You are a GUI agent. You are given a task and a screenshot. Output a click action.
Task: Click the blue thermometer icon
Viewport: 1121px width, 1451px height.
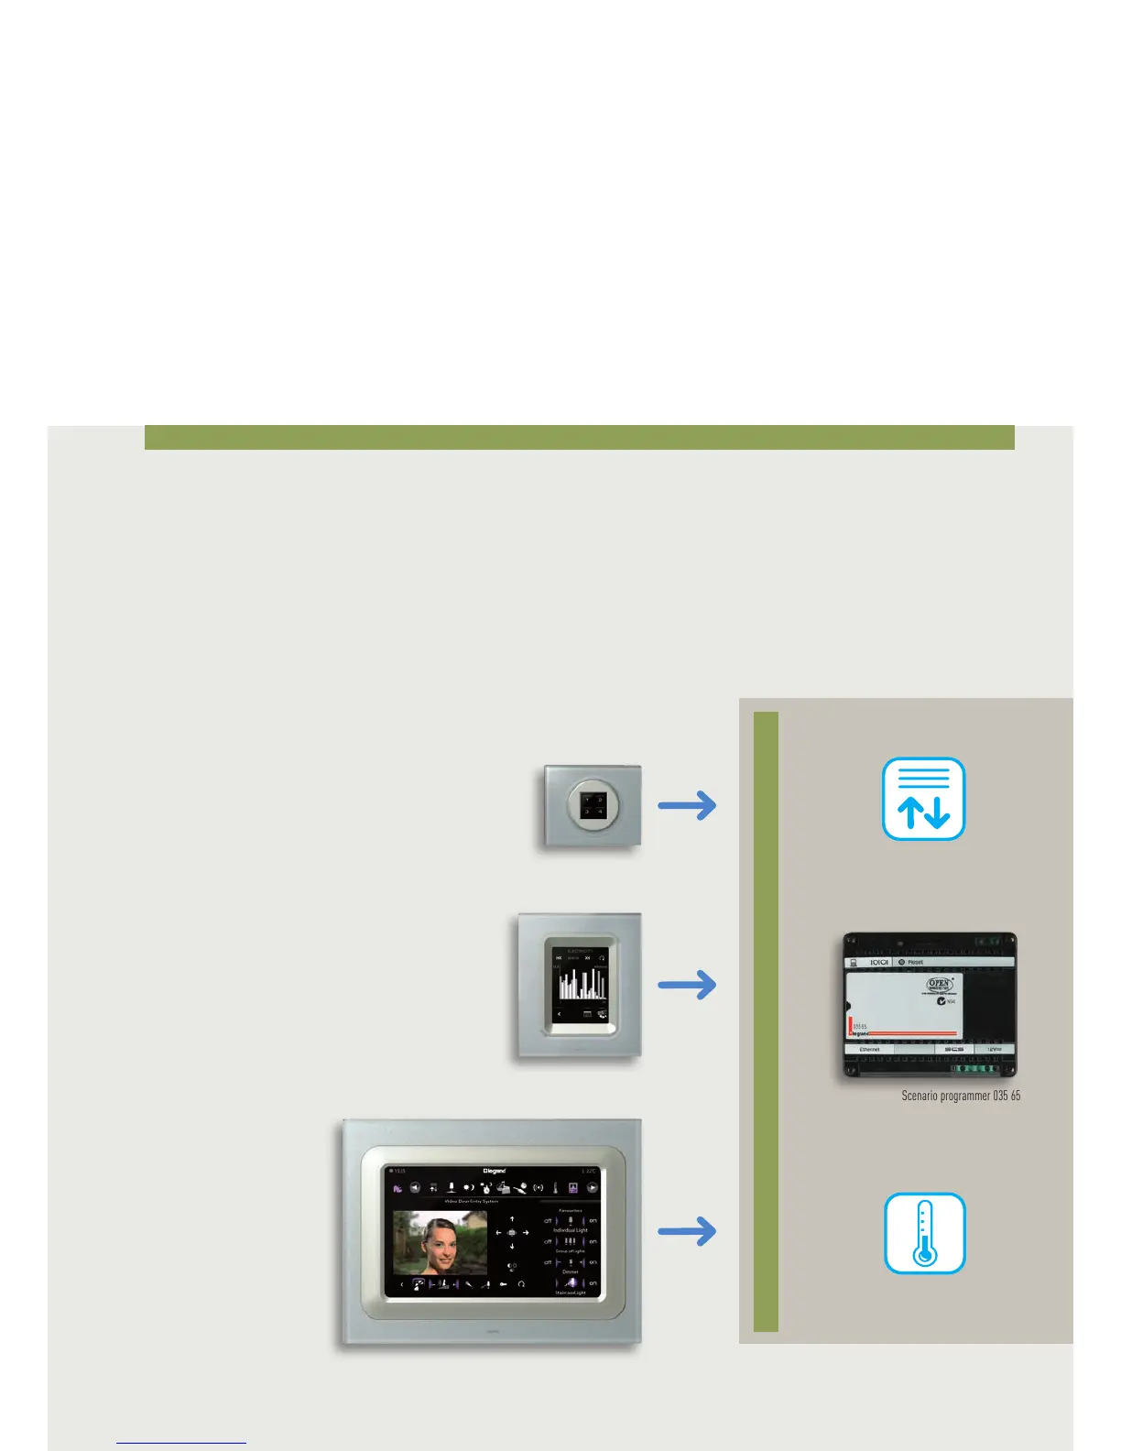tap(924, 1233)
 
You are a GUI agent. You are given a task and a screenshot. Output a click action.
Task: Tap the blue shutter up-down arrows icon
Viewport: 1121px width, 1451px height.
tap(923, 799)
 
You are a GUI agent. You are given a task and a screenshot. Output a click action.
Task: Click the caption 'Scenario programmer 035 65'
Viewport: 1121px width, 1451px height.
tap(961, 1096)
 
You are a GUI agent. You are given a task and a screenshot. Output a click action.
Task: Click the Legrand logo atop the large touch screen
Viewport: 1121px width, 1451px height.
tap(495, 1171)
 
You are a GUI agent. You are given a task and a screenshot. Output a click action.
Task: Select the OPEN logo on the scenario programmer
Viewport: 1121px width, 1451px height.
tap(940, 986)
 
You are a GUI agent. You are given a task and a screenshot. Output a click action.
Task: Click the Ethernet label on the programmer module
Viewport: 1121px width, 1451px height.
tap(870, 1049)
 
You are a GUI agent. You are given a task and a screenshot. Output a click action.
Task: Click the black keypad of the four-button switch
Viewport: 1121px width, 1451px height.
tap(593, 805)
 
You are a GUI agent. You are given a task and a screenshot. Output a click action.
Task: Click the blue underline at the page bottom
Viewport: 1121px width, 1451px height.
tap(181, 1444)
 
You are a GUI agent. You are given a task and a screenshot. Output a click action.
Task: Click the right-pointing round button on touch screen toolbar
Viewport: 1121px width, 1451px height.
tap(593, 1188)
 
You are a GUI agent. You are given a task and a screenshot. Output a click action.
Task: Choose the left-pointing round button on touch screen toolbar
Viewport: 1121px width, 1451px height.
tap(414, 1188)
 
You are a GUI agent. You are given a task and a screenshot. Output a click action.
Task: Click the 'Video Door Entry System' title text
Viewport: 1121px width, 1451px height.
tap(471, 1201)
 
